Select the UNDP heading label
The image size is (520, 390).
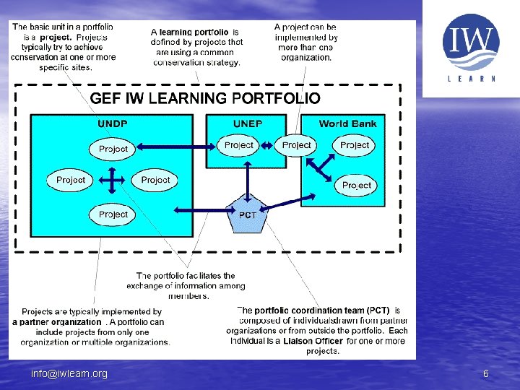tap(113, 123)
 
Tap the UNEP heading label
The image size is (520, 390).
tap(248, 123)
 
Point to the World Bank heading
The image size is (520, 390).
tap(347, 123)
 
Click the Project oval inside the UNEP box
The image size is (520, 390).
tap(239, 145)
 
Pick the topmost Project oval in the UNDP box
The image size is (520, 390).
tap(113, 149)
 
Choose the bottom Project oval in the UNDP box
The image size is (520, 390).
tap(113, 214)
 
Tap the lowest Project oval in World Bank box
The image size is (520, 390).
tap(357, 186)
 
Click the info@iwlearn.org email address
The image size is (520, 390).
tap(69, 373)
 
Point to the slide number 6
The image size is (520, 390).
tap(486, 373)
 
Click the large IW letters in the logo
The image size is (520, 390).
tap(470, 41)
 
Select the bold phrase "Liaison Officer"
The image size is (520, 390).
tap(313, 341)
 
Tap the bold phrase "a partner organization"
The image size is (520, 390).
tap(57, 322)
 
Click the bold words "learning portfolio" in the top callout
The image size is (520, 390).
tap(194, 32)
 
